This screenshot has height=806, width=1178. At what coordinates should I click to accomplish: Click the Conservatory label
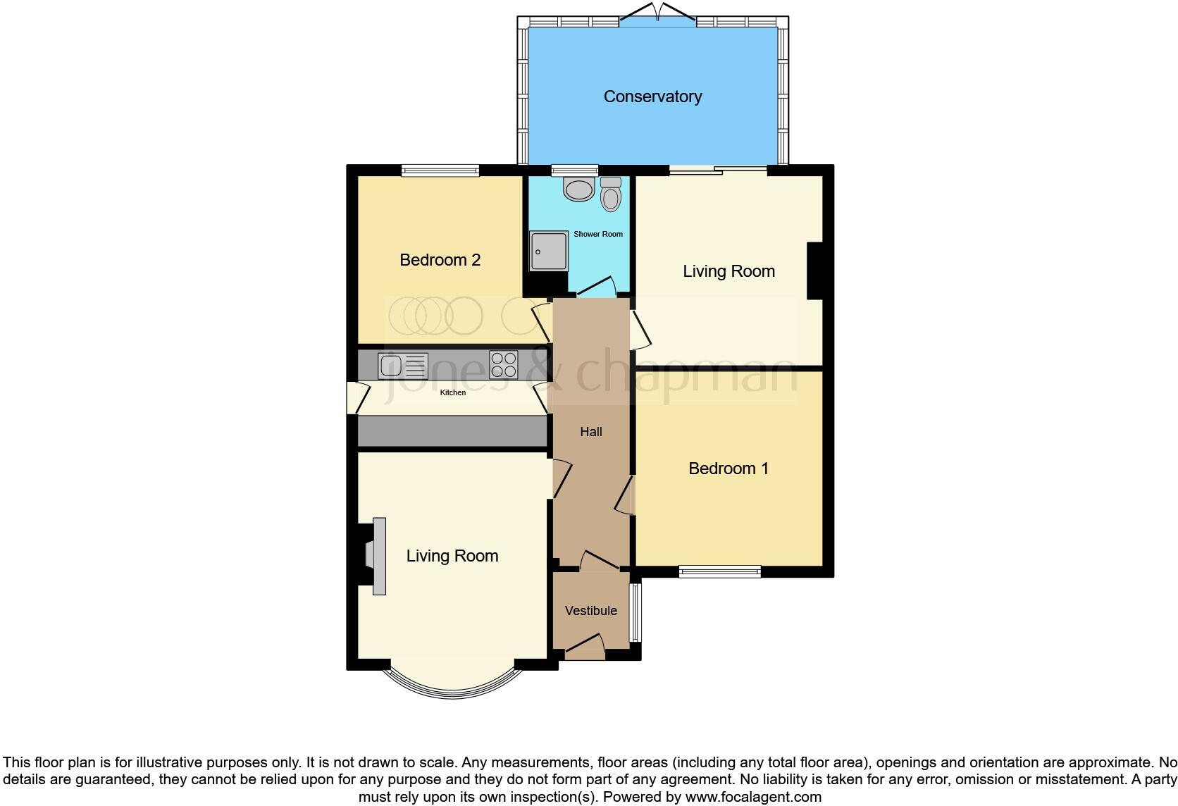pos(652,97)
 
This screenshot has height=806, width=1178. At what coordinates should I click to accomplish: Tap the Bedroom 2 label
pos(440,260)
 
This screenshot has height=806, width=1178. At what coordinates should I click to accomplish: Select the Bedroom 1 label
pos(728,469)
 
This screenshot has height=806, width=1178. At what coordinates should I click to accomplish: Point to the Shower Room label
pos(597,234)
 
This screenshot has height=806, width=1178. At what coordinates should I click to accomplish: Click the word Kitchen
pos(452,392)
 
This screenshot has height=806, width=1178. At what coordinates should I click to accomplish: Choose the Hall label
pos(590,432)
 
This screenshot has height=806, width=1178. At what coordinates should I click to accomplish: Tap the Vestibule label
pos(590,611)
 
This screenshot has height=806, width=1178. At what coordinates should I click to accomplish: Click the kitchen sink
pos(403,366)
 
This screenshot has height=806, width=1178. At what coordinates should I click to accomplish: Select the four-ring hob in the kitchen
pos(503,365)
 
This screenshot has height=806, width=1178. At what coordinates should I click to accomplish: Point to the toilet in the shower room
pos(611,194)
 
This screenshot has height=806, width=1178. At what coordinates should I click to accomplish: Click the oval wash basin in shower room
pos(580,190)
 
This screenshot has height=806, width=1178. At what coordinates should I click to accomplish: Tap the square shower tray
pos(549,252)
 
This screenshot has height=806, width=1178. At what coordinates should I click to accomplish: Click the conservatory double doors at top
pos(658,14)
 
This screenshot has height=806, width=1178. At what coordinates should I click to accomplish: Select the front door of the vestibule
pos(585,647)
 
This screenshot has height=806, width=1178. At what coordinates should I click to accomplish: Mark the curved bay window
pos(452,687)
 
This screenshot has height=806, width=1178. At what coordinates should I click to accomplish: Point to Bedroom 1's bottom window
pos(720,571)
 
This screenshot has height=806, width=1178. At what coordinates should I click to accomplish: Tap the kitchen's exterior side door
pos(356,398)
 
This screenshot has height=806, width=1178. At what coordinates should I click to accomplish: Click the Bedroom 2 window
pos(440,170)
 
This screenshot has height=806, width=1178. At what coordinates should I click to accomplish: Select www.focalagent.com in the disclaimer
pos(753,798)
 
